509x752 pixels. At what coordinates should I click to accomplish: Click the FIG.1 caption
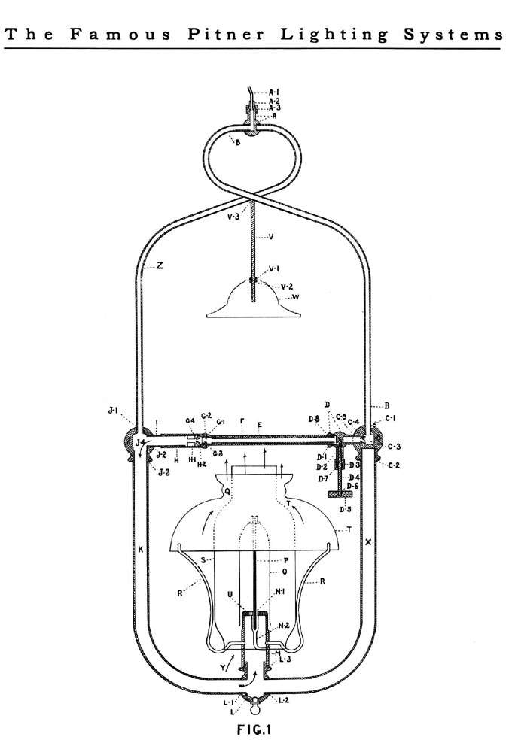[x=254, y=728]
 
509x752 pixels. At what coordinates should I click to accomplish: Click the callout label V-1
[x=273, y=268]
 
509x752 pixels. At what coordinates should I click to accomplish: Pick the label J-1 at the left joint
[x=113, y=411]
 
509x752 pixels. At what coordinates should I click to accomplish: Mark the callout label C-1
[x=392, y=417]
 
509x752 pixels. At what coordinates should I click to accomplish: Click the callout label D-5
[x=346, y=510]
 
